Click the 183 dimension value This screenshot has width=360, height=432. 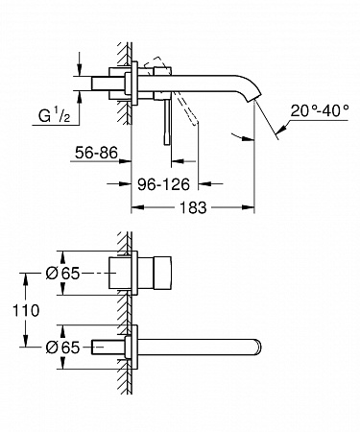coord(193,207)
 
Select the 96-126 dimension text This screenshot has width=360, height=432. coord(163,184)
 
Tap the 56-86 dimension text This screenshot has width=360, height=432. coord(96,153)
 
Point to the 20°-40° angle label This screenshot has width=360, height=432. coord(320,111)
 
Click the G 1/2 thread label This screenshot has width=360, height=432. coord(54,115)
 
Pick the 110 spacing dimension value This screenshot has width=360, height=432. coord(26,310)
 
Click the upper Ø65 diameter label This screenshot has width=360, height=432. coord(62,274)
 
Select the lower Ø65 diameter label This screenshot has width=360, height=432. coord(62,348)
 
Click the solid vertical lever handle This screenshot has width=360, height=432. coord(167,122)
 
